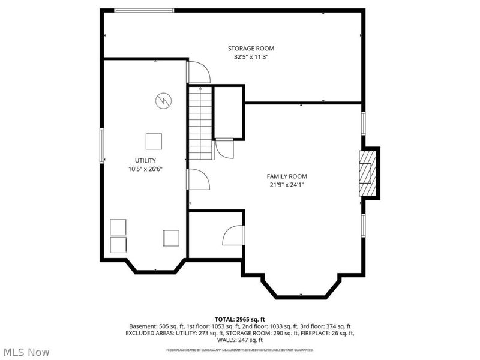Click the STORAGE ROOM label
pyautogui.click(x=251, y=49)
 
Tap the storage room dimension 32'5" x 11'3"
pyautogui.click(x=251, y=57)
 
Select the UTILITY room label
pyautogui.click(x=145, y=160)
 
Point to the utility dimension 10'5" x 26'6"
pyautogui.click(x=145, y=169)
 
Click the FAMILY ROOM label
pyautogui.click(x=287, y=176)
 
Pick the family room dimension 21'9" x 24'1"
pyautogui.click(x=287, y=185)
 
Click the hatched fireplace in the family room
pyautogui.click(x=368, y=173)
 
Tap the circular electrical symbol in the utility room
pyautogui.click(x=163, y=100)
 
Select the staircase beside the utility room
pyautogui.click(x=200, y=123)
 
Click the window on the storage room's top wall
pyautogui.click(x=144, y=11)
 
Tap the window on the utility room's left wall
pyautogui.click(x=102, y=146)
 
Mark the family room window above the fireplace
pyautogui.click(x=364, y=124)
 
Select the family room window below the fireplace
pyautogui.click(x=364, y=226)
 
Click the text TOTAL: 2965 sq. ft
pyautogui.click(x=239, y=320)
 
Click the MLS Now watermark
pyautogui.click(x=26, y=352)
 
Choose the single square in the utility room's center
pyautogui.click(x=154, y=142)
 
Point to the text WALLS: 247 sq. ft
pyautogui.click(x=239, y=340)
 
